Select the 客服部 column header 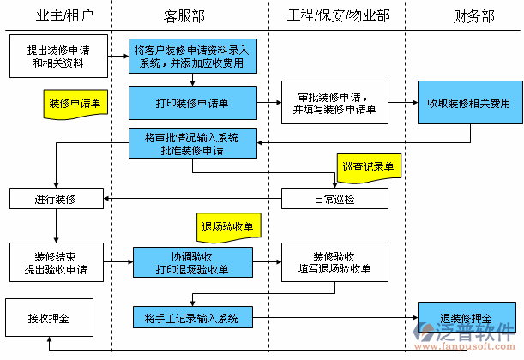click(x=184, y=16)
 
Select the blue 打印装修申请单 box click(x=193, y=103)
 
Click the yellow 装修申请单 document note click(x=75, y=104)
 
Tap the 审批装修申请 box click(x=334, y=103)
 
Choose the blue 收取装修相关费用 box click(x=468, y=103)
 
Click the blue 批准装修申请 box click(x=193, y=143)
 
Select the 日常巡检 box click(x=334, y=199)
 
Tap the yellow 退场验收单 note click(x=228, y=227)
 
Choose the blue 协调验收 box click(x=193, y=262)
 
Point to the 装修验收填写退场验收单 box click(x=334, y=262)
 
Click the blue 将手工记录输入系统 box click(x=193, y=318)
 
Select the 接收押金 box click(x=49, y=318)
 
